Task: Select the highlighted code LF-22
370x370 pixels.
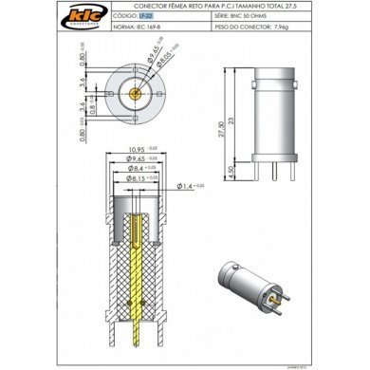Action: pyautogui.click(x=143, y=17)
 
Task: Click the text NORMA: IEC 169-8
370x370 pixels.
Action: pyautogui.click(x=136, y=28)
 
